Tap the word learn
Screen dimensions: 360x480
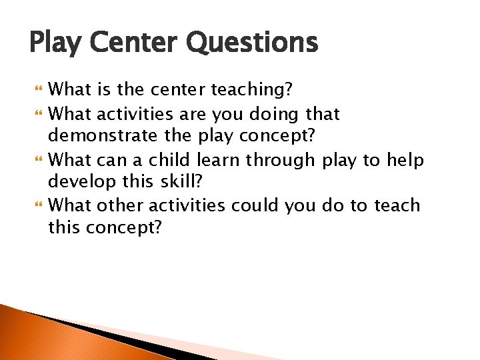(219, 160)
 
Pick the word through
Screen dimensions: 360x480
(280, 160)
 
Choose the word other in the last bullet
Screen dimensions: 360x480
(123, 205)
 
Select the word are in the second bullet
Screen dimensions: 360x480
(201, 115)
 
